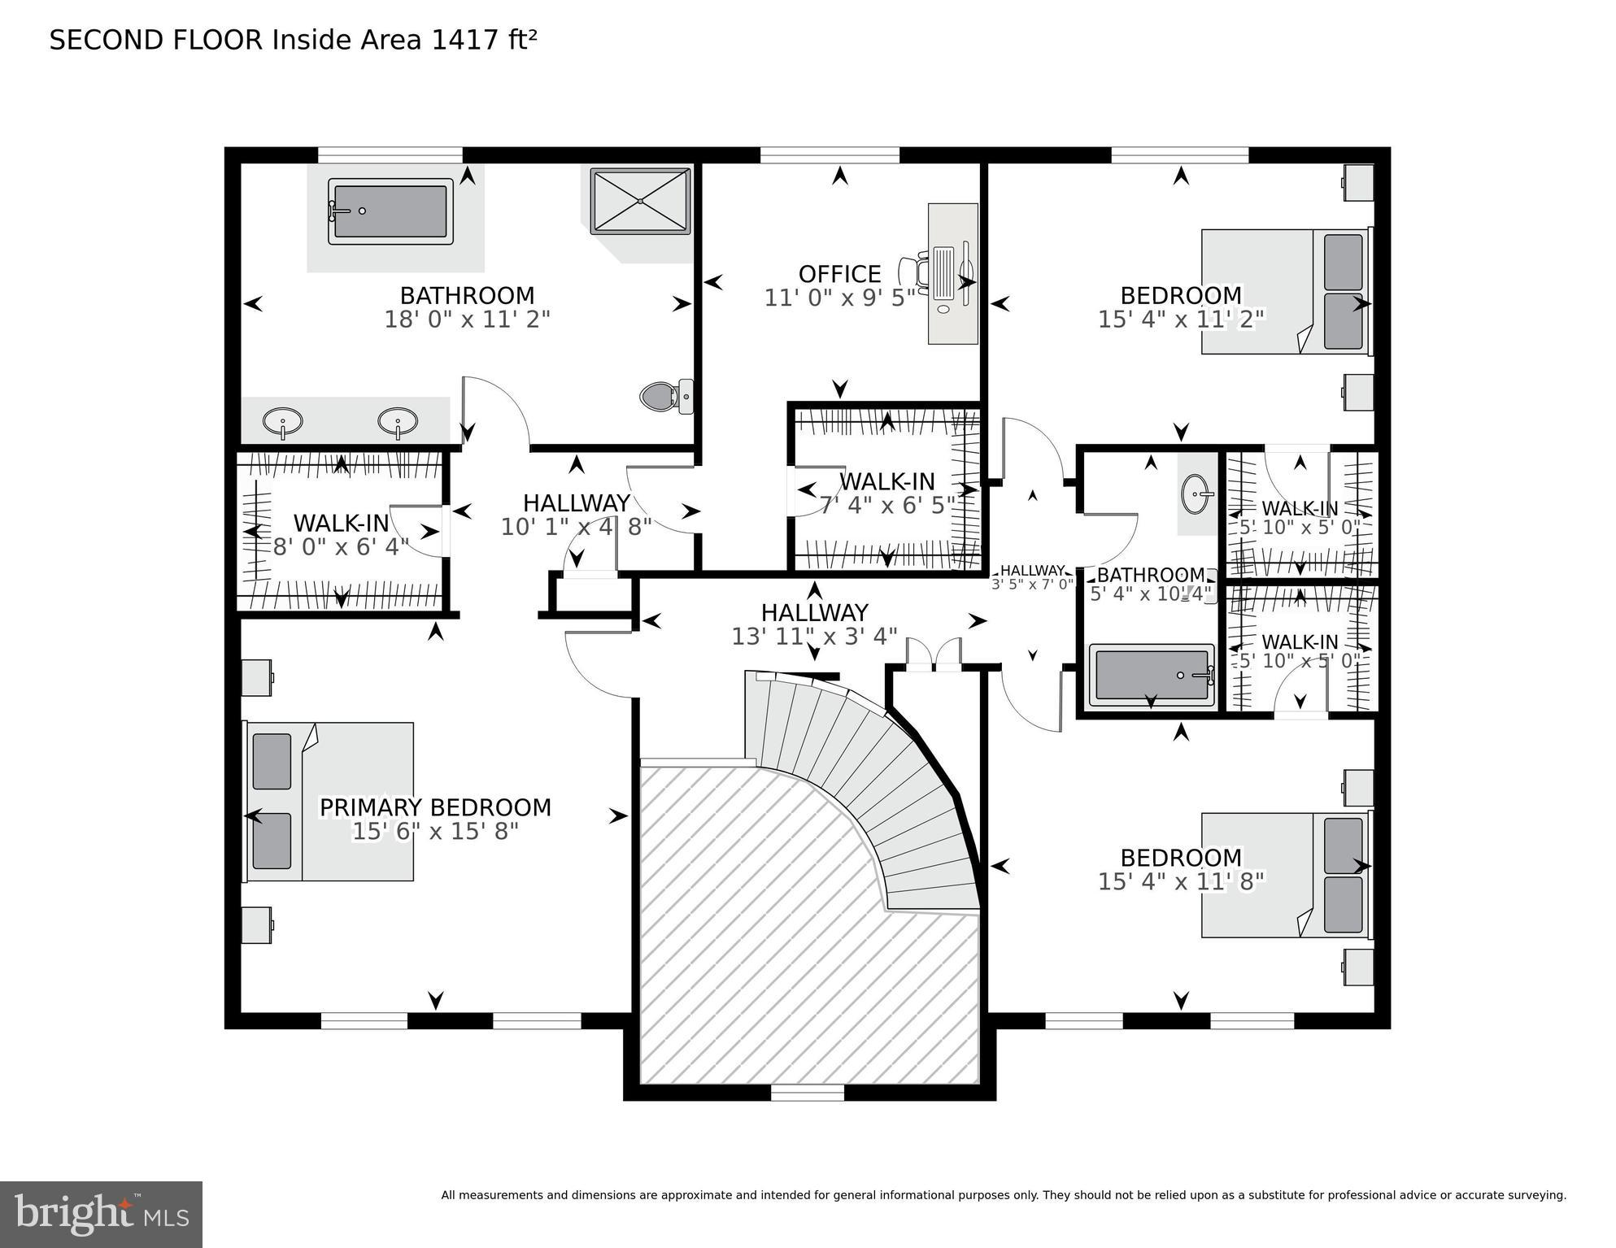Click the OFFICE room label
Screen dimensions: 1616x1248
tap(839, 274)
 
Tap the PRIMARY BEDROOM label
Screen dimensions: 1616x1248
tap(435, 807)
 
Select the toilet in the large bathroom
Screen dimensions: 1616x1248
tap(666, 397)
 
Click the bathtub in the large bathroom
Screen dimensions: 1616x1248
tap(390, 211)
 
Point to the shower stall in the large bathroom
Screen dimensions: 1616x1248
tap(641, 201)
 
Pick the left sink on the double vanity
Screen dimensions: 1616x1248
tap(282, 422)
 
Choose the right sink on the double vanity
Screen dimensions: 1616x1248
tap(398, 422)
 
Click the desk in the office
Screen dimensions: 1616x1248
tap(953, 274)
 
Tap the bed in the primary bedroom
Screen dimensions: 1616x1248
tap(329, 801)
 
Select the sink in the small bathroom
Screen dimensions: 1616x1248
tap(1197, 494)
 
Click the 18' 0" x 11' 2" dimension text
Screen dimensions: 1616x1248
tap(467, 319)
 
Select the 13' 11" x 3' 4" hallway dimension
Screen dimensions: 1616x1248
tap(814, 636)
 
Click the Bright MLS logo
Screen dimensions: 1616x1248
tap(101, 1214)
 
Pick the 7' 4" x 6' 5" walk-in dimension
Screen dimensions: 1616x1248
tap(886, 505)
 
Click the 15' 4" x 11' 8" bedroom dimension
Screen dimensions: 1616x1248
tap(1181, 881)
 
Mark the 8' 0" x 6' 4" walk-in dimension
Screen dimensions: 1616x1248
tap(341, 546)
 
